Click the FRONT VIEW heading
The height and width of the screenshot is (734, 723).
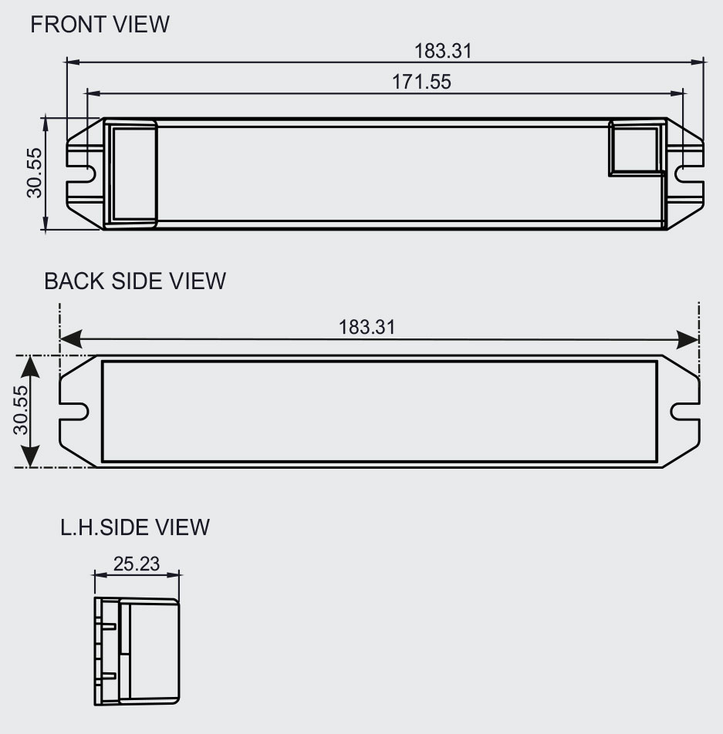pyautogui.click(x=100, y=25)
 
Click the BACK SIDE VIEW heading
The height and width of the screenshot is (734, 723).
pyautogui.click(x=135, y=281)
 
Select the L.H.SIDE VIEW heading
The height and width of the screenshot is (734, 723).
pyautogui.click(x=135, y=527)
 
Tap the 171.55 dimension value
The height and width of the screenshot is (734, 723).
pyautogui.click(x=421, y=82)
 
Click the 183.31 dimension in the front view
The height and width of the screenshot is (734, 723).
pyautogui.click(x=443, y=51)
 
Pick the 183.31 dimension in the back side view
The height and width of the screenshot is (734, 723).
pyautogui.click(x=367, y=327)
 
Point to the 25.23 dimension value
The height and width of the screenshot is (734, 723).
pyautogui.click(x=137, y=564)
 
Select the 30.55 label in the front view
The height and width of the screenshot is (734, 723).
pyautogui.click(x=35, y=173)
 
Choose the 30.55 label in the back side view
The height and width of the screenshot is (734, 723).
pyautogui.click(x=21, y=410)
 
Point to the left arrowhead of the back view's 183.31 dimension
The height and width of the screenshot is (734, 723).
pyautogui.click(x=71, y=338)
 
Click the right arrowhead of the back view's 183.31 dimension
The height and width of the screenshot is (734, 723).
pyautogui.click(x=688, y=339)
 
